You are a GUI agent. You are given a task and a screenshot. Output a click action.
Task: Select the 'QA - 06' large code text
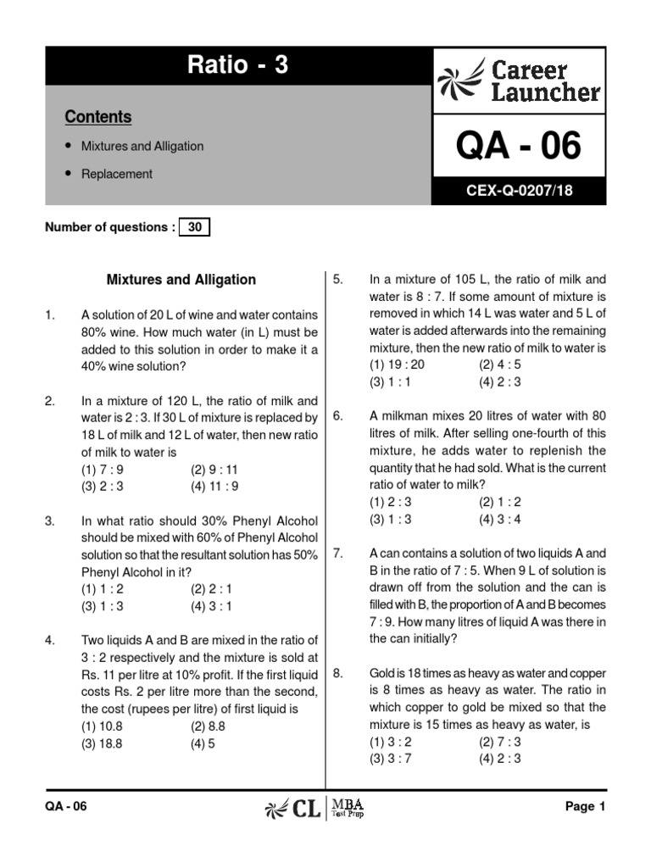519,147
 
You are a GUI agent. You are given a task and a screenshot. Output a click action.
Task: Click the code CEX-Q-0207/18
519,191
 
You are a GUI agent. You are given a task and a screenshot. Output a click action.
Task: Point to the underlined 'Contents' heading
97,117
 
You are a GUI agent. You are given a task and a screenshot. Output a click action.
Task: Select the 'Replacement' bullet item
116,174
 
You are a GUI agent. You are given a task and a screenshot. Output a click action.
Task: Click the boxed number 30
194,227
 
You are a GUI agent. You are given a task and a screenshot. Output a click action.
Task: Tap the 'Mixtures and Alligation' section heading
181,280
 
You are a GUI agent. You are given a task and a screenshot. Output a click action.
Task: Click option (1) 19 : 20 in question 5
397,364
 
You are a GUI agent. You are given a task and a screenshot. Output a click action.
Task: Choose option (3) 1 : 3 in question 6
393,520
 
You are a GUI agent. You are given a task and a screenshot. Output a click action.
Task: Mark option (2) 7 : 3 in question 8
500,743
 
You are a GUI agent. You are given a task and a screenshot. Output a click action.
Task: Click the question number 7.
337,554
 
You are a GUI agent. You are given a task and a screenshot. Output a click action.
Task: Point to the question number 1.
49,316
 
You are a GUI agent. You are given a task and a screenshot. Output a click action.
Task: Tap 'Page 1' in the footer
585,807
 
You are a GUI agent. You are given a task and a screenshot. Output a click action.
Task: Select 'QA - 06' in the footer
65,807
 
